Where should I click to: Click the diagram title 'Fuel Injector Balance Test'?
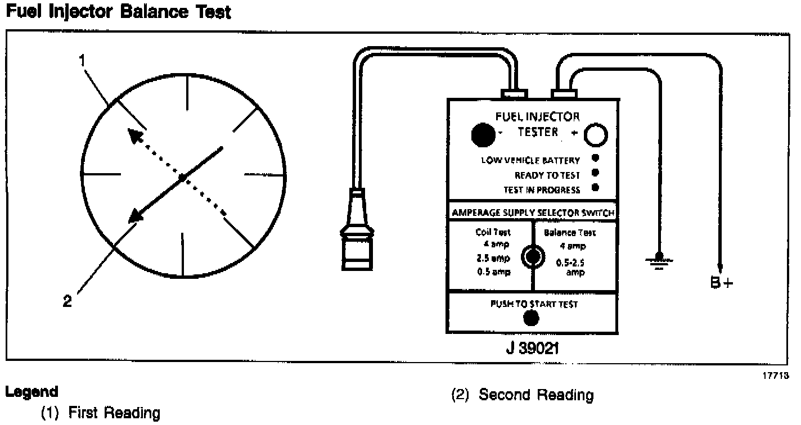click(x=118, y=12)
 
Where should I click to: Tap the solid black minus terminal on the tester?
click(x=480, y=134)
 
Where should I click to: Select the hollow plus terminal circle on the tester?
click(x=596, y=135)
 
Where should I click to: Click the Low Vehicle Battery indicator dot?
click(x=595, y=159)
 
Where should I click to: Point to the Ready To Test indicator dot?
click(x=595, y=173)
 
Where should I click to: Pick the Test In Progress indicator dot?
click(x=595, y=188)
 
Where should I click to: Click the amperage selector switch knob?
click(x=532, y=256)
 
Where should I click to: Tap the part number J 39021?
click(x=532, y=349)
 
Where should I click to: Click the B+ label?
click(x=722, y=283)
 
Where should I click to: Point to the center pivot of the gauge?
click(x=182, y=178)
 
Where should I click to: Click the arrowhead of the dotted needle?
click(x=133, y=134)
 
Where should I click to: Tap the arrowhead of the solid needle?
click(x=134, y=216)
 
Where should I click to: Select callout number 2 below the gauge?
click(x=67, y=301)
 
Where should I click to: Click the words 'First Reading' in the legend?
click(x=114, y=414)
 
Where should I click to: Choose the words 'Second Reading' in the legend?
click(x=537, y=395)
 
